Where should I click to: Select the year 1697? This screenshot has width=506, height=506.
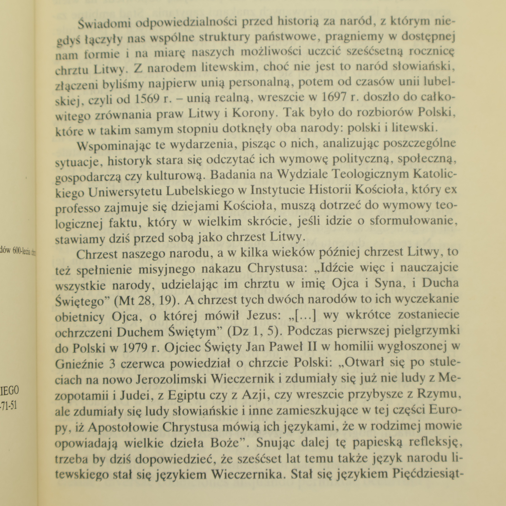tap(336, 97)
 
